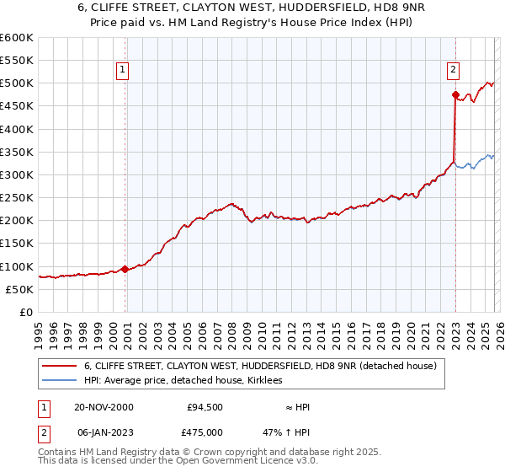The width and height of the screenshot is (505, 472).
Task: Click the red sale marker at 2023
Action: pos(454,94)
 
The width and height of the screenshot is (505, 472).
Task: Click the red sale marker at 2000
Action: pos(125,269)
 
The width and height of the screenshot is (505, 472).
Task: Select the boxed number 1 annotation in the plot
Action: pos(123,70)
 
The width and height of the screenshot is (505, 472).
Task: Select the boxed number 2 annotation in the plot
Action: pos(453,70)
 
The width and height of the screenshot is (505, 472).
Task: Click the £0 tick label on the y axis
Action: pos(25,312)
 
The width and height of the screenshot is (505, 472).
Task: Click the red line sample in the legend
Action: pos(61,367)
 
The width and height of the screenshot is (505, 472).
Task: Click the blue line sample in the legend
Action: pos(61,382)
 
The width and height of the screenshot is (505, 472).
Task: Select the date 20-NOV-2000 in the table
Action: pos(104,407)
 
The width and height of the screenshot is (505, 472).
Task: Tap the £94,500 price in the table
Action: pos(205,407)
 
